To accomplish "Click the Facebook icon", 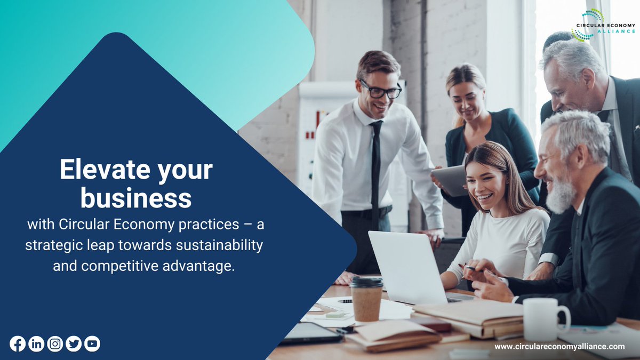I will [18, 344].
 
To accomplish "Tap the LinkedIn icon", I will [36, 344].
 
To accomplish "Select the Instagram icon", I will [55, 344].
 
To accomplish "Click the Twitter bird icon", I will [74, 344].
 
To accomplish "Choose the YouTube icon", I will [92, 344].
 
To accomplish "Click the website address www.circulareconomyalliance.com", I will [559, 347].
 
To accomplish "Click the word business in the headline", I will [135, 198].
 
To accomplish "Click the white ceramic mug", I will [543, 318].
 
